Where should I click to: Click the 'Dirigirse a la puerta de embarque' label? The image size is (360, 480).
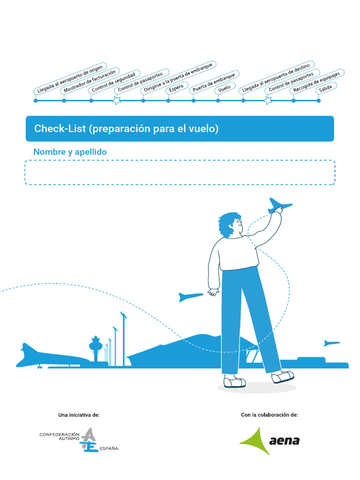(178, 77)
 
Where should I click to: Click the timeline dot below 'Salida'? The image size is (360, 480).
(319, 100)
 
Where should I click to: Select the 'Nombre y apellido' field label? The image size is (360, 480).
(70, 152)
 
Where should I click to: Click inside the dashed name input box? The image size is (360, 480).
(180, 172)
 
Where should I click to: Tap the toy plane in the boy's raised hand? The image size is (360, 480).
(279, 205)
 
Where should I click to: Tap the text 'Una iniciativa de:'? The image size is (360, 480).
(79, 415)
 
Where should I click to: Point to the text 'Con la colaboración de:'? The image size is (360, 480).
(269, 415)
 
